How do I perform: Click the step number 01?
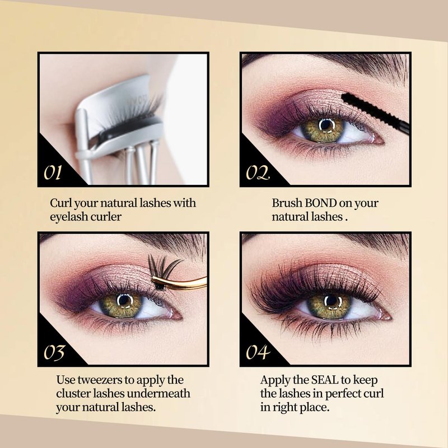click(53, 172)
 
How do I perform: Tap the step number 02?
click(258, 172)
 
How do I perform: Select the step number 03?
click(54, 353)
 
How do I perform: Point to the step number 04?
click(258, 352)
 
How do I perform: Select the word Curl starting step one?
click(60, 203)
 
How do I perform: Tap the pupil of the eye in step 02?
click(326, 125)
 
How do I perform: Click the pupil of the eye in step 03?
click(124, 300)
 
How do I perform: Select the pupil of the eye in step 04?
click(332, 301)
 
